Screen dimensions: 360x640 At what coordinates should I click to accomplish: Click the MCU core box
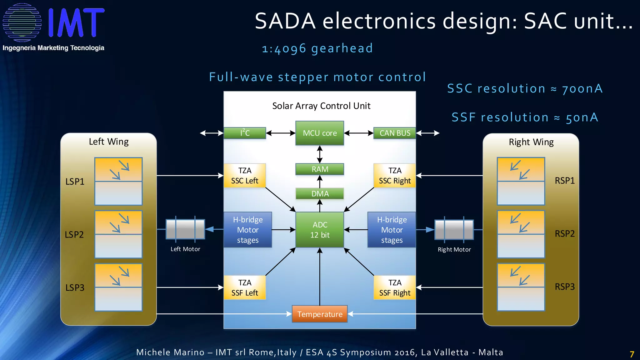[319, 133]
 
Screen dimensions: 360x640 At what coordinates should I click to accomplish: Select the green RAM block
[319, 169]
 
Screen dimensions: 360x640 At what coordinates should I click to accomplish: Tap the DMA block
[319, 193]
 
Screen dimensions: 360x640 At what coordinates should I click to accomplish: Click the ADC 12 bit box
[319, 230]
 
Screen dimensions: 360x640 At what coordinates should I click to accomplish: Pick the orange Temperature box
[319, 314]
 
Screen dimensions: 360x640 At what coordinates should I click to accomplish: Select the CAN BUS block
[395, 133]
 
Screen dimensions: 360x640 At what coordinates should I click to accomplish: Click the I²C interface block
[245, 133]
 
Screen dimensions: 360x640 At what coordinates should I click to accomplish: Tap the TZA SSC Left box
[245, 176]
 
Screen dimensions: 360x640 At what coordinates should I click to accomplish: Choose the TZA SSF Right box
[395, 287]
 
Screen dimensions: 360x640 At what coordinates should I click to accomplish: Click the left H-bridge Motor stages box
[247, 230]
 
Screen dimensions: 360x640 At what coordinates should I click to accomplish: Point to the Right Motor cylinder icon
[454, 230]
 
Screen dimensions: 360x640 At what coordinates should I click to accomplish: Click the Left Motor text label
[185, 249]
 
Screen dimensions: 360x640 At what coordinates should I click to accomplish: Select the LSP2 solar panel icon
[118, 234]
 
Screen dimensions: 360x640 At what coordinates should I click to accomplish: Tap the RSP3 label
[564, 287]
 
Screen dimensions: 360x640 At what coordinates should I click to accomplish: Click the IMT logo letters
[76, 22]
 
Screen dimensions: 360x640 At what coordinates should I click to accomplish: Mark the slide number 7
[632, 354]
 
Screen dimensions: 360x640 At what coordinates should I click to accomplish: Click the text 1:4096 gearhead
[317, 48]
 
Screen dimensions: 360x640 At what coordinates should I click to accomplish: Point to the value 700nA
[582, 89]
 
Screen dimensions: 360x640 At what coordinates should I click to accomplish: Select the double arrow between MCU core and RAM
[319, 154]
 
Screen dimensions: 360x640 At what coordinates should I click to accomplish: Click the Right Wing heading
[531, 142]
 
